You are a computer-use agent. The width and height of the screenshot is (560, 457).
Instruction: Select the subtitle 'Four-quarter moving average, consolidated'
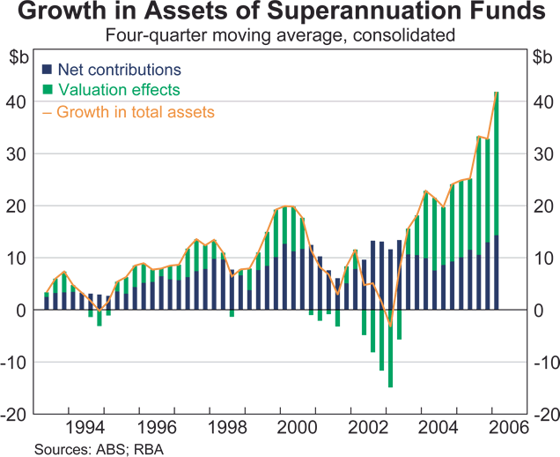(x=279, y=36)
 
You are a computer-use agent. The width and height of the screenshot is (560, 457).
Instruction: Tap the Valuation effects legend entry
(x=118, y=90)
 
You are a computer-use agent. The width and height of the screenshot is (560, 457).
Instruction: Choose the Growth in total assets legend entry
(x=135, y=111)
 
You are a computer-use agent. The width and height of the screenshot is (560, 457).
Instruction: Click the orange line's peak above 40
(x=497, y=92)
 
